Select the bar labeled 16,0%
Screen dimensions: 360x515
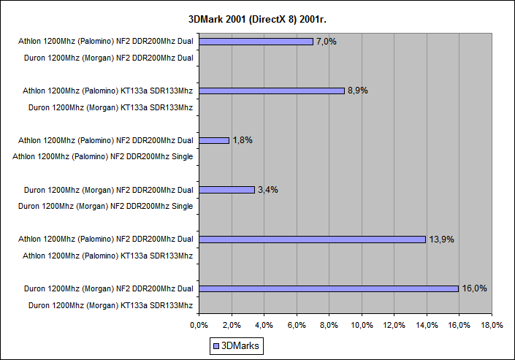click(x=329, y=288)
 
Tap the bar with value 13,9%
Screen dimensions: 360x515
click(x=312, y=239)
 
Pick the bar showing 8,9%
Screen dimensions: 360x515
click(x=271, y=91)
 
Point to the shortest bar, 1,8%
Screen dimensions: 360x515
click(x=214, y=140)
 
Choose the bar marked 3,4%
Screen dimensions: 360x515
click(x=226, y=190)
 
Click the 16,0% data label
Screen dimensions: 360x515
click(x=474, y=288)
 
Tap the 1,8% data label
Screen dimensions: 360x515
click(x=243, y=140)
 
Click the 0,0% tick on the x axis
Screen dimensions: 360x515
click(x=199, y=324)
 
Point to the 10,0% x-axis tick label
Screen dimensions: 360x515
click(x=362, y=324)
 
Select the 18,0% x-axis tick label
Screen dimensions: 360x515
click(x=492, y=324)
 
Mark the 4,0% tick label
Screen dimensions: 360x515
click(x=264, y=324)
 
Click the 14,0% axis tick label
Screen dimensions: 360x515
click(x=427, y=324)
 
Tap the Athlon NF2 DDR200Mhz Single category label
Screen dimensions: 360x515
click(x=105, y=156)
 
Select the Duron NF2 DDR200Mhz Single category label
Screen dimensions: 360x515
click(x=108, y=206)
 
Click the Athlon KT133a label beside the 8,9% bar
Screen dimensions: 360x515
click(x=105, y=91)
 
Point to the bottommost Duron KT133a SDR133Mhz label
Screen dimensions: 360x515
click(x=110, y=305)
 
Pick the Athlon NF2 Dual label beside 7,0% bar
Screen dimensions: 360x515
click(x=105, y=42)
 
